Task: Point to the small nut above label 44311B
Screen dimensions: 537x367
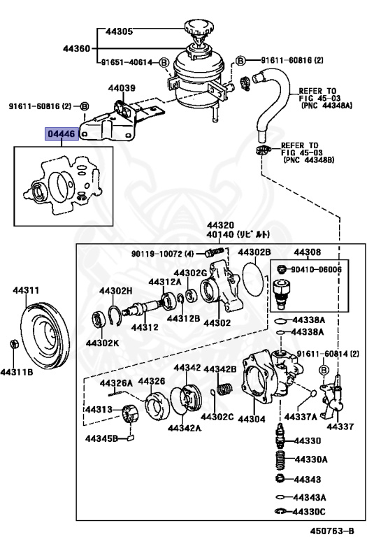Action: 15,344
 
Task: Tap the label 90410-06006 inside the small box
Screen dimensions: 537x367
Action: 317,269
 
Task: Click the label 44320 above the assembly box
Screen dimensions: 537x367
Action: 220,225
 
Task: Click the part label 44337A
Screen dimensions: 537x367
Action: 305,417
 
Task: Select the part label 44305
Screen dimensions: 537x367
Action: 120,31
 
